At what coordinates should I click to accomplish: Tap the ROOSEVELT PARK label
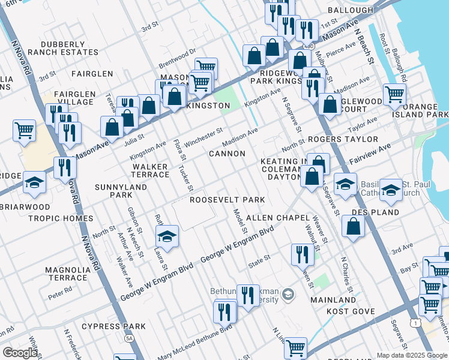click(x=228, y=200)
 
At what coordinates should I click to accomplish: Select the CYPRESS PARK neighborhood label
click(x=113, y=326)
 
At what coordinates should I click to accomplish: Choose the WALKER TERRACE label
click(x=151, y=170)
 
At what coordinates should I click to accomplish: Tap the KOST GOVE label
click(x=351, y=311)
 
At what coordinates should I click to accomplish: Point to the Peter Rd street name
click(x=60, y=295)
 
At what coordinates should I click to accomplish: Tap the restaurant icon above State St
click(x=301, y=254)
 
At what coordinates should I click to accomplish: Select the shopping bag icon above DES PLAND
click(x=354, y=226)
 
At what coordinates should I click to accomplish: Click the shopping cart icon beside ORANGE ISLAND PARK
click(x=394, y=94)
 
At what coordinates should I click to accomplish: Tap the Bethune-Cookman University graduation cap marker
click(x=289, y=293)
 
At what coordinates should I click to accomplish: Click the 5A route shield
click(x=129, y=338)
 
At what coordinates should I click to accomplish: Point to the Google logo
click(x=20, y=353)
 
